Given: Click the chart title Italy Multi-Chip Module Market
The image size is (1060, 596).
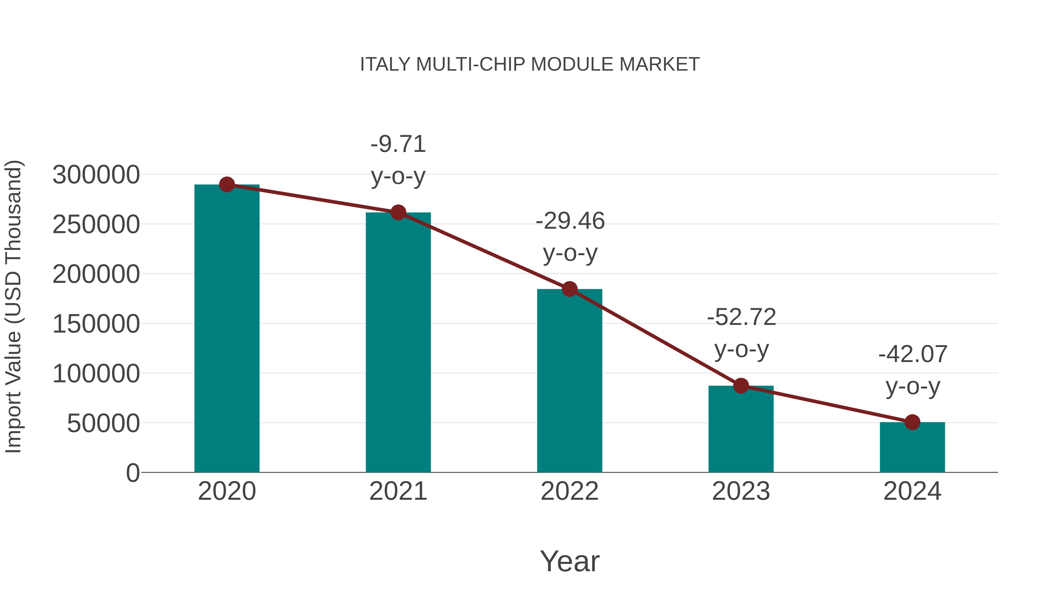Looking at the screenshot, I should coord(530,64).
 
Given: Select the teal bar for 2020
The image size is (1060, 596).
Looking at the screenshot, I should coord(227,329).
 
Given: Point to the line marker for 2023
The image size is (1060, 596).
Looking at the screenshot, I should coord(741,386).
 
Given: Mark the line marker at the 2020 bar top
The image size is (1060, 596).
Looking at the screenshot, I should coord(227,185).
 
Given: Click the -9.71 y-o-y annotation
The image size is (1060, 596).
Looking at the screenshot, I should coord(398,160).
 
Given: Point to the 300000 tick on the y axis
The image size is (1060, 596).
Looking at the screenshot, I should coord(96,175).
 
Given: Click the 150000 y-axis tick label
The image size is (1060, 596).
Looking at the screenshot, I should coord(96,324).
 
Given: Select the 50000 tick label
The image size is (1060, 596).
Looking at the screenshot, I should coord(103,423).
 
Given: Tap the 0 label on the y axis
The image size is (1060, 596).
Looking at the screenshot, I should coord(132,473).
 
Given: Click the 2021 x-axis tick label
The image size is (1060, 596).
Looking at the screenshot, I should coord(398,491).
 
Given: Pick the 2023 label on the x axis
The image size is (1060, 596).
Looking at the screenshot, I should coord(741,491).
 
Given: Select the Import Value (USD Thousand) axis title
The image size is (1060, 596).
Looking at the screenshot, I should coord(13,306).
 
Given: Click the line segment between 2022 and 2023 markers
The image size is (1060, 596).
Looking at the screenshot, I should coord(655,337).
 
